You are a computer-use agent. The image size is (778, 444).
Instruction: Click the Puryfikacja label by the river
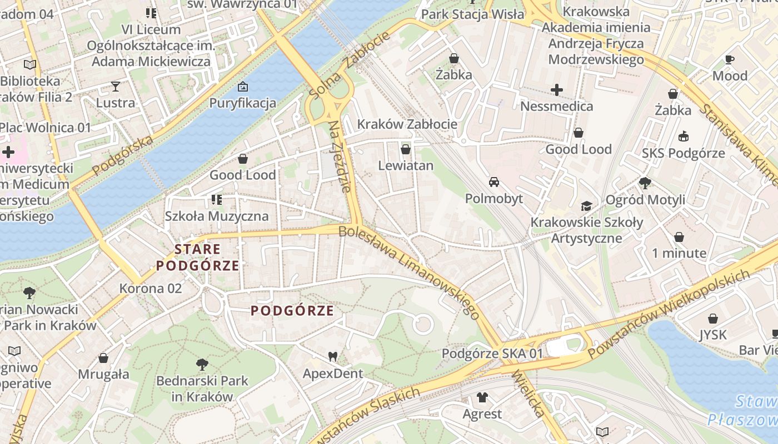pyautogui.click(x=242, y=103)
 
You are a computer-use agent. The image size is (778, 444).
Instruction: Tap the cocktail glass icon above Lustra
pyautogui.click(x=115, y=86)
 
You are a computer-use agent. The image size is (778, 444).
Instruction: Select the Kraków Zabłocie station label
pyautogui.click(x=407, y=124)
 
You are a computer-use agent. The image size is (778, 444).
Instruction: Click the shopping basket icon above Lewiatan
pyautogui.click(x=406, y=149)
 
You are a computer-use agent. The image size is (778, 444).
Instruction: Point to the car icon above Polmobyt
pyautogui.click(x=493, y=182)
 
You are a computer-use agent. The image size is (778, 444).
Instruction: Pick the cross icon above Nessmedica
pyautogui.click(x=556, y=89)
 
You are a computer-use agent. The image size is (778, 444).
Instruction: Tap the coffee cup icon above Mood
pyautogui.click(x=730, y=59)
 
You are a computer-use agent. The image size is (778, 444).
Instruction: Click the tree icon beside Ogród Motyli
pyautogui.click(x=645, y=183)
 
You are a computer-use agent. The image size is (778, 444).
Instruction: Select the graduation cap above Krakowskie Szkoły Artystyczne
pyautogui.click(x=586, y=206)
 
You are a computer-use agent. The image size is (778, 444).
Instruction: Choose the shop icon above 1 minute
pyautogui.click(x=679, y=237)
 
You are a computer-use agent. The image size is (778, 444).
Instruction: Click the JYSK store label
pyautogui.click(x=712, y=335)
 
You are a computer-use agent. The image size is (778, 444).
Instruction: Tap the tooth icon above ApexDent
pyautogui.click(x=333, y=357)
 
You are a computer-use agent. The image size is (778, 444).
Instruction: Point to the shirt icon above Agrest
pyautogui.click(x=482, y=397)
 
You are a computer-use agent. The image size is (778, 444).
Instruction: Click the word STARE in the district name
pyautogui.click(x=197, y=249)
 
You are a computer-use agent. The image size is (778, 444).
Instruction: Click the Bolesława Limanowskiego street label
pyautogui.click(x=410, y=272)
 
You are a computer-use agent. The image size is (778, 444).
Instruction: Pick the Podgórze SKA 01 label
pyautogui.click(x=492, y=354)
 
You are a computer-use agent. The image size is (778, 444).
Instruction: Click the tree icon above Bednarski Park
pyautogui.click(x=202, y=365)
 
